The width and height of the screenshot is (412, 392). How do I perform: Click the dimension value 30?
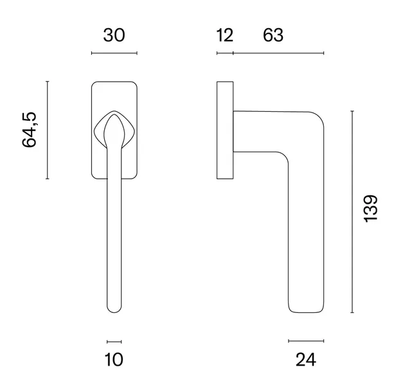tap(114, 35)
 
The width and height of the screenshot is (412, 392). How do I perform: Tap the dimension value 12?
tap(225, 35)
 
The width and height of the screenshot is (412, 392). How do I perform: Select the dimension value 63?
tap(273, 35)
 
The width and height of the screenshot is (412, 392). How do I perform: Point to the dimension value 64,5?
tap(29, 130)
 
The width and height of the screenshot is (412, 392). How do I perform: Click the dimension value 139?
tap(371, 209)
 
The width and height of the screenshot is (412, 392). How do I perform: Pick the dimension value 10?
tap(114, 360)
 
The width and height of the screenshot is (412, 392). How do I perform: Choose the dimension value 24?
tap(306, 360)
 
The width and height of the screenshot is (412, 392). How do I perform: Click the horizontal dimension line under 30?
tap(114, 53)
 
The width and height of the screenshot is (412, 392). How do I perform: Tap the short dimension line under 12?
tap(225, 53)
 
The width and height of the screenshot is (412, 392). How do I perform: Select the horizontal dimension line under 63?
tap(278, 53)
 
